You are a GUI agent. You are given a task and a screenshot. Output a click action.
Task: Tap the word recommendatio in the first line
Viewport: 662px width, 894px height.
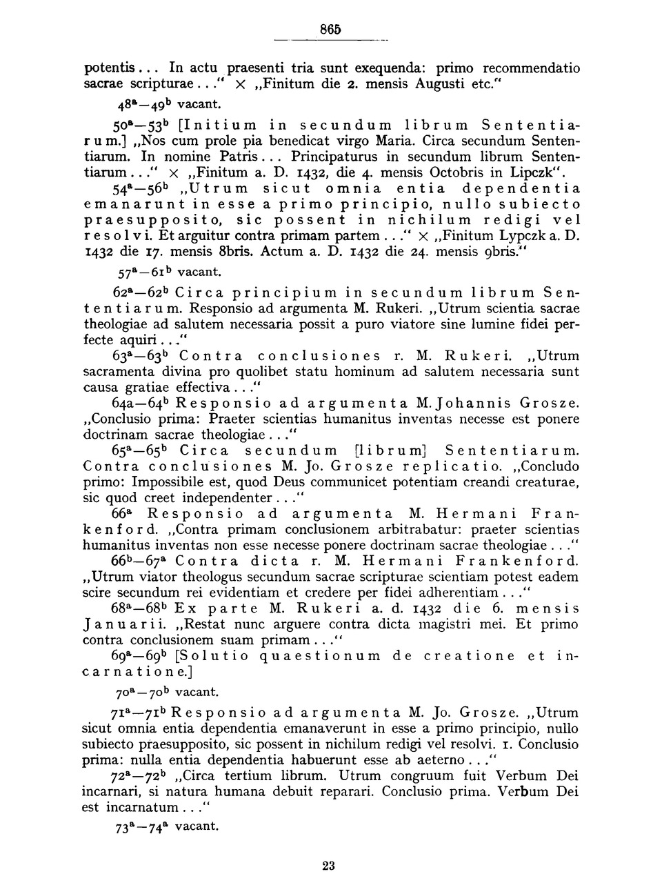click(x=531, y=69)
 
